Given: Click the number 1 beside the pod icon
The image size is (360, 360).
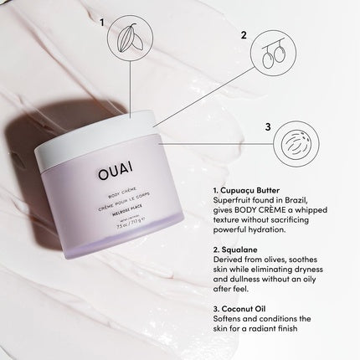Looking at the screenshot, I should pos(103,23).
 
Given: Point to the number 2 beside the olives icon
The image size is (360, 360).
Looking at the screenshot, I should pos(244,36).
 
